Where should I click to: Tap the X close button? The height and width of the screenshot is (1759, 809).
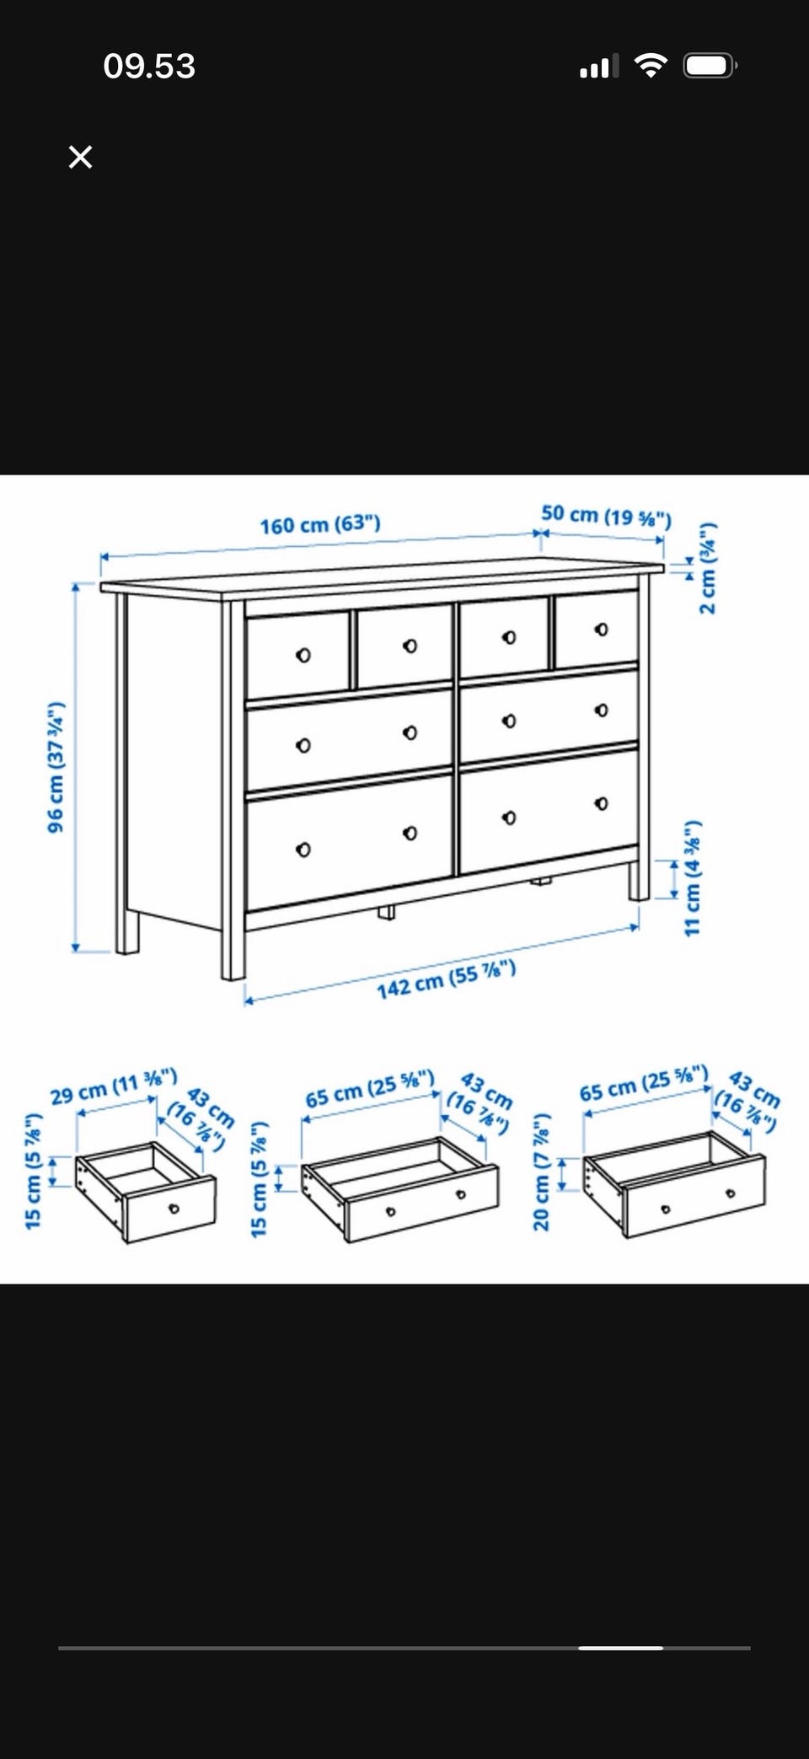coord(80,157)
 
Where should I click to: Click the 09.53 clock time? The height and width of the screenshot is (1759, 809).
coord(149,67)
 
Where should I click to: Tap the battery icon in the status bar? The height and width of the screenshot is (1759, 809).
coord(710,66)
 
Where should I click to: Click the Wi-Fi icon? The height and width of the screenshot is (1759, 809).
coord(650,66)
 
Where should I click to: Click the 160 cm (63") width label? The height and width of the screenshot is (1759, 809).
coord(320,524)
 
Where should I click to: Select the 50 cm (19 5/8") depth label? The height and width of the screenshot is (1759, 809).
coord(606,515)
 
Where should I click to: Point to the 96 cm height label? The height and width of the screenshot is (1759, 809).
coord(56,766)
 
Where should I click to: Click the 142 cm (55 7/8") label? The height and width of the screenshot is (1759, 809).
coord(446,979)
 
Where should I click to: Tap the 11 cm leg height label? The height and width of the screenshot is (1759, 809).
coord(692,877)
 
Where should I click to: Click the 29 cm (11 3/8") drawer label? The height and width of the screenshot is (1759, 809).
coord(114,1086)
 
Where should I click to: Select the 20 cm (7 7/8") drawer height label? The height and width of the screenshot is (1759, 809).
coord(541,1171)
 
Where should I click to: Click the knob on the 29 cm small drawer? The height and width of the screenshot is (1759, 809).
coord(174,1209)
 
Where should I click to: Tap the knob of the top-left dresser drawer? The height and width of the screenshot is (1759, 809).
coord(303,655)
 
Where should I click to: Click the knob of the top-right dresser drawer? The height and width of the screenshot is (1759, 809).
coord(601,629)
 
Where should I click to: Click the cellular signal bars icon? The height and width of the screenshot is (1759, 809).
coord(599,66)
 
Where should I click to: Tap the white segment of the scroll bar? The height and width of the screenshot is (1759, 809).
coord(621,1647)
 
